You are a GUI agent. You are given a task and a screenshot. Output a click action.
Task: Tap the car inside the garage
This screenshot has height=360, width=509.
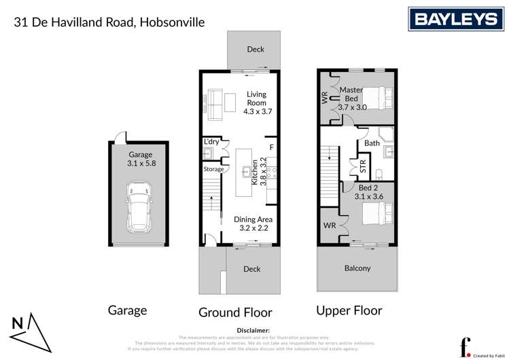tap(139, 206)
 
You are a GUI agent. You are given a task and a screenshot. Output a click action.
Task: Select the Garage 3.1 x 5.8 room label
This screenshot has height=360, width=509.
tap(141, 159)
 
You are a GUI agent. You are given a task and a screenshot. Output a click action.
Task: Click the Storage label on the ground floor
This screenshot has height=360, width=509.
tap(213, 168)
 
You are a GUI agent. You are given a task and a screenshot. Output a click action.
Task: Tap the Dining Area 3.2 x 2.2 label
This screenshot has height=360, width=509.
tap(253, 223)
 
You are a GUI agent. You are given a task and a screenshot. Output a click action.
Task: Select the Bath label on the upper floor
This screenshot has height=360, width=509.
tap(372, 143)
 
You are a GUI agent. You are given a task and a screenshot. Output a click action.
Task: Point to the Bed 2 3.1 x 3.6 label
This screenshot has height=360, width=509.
tap(369, 192)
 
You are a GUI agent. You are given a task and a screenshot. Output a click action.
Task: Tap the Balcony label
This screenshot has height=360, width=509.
tap(357, 268)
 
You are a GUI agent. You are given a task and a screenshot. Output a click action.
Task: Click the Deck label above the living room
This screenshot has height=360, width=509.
tap(256, 49)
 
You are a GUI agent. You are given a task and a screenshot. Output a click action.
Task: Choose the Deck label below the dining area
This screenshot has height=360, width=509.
tap(252, 269)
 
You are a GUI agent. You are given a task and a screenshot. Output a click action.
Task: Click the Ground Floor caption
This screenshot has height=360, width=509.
tap(235, 312)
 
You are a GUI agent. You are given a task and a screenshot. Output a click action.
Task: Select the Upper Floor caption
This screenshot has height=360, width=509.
tap(349, 310)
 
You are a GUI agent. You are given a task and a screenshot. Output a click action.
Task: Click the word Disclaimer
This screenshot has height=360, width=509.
tap(253, 329)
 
